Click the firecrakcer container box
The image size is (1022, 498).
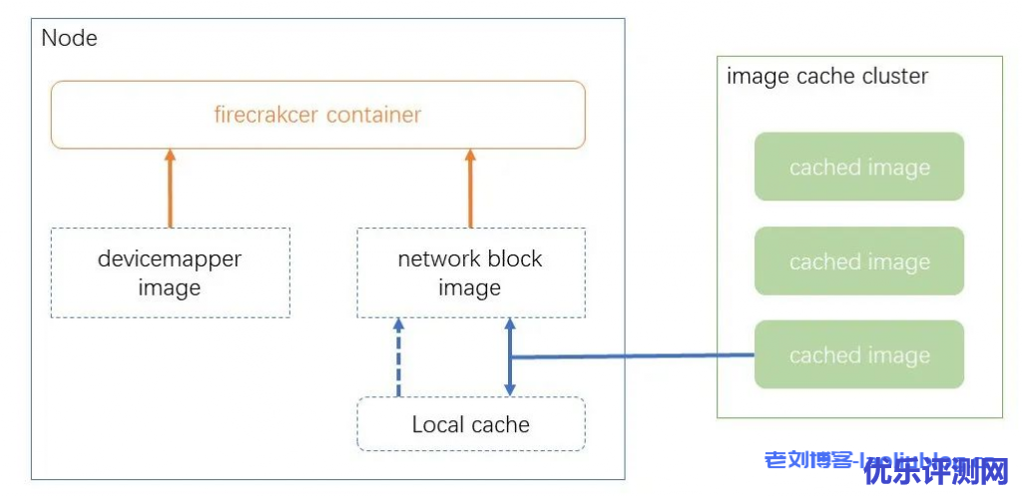coord(317,115)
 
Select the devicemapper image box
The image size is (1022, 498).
coord(170,272)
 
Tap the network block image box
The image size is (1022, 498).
coord(470,272)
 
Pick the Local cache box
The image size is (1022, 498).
coord(470,424)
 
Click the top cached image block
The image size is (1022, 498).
coord(858,167)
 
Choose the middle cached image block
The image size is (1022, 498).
coord(858,260)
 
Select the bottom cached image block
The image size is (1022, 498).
coord(858,354)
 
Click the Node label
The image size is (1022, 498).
coord(70,39)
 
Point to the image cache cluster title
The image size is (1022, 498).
coord(827,76)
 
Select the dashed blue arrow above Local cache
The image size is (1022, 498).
coord(398,357)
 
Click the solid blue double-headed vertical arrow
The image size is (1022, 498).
coord(509,357)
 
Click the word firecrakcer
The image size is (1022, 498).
coord(263,115)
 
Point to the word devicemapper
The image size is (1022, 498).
coord(170,259)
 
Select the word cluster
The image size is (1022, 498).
coord(894,76)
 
